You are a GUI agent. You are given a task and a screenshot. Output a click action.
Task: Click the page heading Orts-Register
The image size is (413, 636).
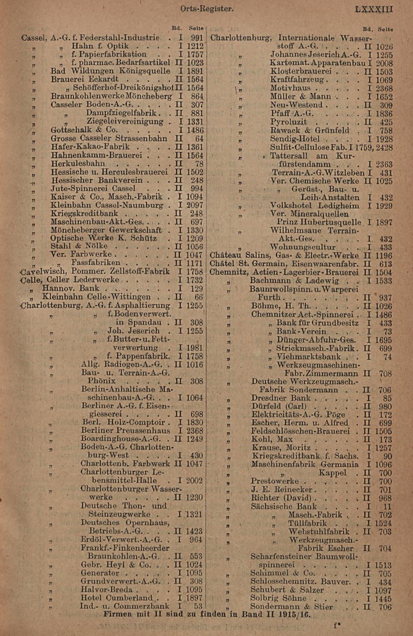tap(207, 9)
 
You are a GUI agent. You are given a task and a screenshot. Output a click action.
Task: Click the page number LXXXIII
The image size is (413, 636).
tap(374, 9)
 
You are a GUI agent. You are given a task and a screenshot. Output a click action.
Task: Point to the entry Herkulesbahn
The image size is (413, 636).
tap(78, 164)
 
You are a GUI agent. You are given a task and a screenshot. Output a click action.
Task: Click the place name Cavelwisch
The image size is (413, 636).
tap(44, 272)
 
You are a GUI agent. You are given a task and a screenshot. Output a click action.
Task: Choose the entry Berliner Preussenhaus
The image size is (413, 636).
tap(125, 431)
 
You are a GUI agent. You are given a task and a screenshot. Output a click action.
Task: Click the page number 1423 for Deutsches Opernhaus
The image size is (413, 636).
tap(195, 532)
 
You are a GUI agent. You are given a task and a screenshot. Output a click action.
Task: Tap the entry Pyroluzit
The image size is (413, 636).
tap(288, 122)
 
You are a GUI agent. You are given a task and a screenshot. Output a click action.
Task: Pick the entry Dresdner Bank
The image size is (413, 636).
tap(280, 398)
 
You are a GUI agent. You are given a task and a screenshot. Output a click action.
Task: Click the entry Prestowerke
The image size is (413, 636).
tap(275, 481)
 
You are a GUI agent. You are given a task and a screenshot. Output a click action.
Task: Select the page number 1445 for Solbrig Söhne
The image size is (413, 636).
tap(383, 598)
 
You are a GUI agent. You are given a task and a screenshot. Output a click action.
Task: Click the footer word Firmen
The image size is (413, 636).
tap(118, 614)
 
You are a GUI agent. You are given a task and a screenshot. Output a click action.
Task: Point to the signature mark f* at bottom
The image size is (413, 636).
tap(337, 625)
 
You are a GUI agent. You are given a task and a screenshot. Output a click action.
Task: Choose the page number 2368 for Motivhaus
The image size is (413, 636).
tap(384, 88)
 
